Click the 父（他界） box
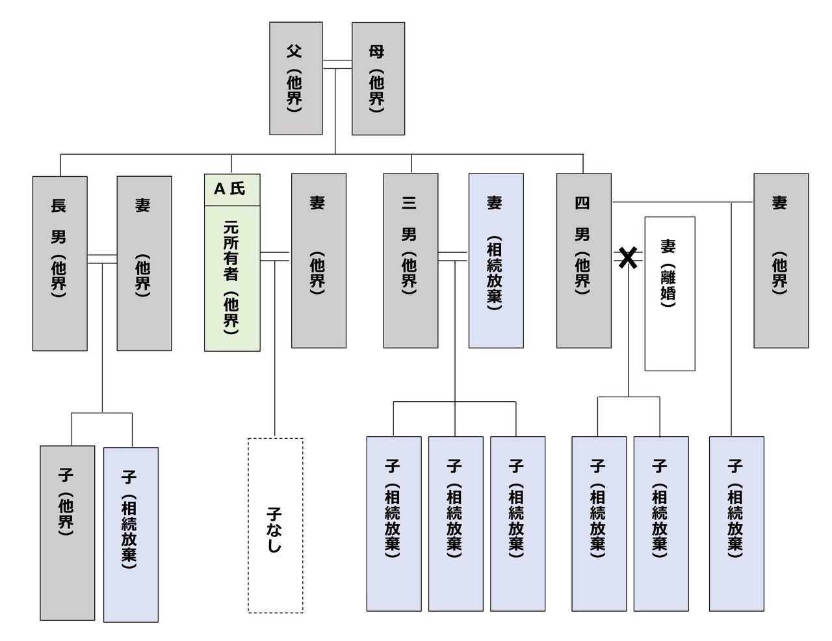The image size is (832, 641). (296, 78)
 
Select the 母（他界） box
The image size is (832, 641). (378, 78)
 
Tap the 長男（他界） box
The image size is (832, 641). (60, 263)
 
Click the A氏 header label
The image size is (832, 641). (232, 190)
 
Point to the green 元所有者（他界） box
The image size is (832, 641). (232, 278)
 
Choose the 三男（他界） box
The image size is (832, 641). (410, 260)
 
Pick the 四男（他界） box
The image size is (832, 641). (584, 260)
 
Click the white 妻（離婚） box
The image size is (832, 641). (669, 294)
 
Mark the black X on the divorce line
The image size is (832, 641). (627, 258)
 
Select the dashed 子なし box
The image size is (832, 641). (275, 525)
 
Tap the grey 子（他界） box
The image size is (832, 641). (67, 532)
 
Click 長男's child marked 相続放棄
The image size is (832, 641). (131, 534)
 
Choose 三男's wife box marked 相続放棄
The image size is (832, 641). (496, 260)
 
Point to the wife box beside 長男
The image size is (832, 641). (144, 263)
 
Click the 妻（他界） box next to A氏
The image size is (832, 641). (318, 260)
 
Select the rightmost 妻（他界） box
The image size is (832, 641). (781, 260)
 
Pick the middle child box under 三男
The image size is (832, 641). (455, 523)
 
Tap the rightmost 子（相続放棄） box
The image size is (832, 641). (736, 523)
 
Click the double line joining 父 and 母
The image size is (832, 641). (337, 64)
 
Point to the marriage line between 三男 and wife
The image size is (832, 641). (453, 256)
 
